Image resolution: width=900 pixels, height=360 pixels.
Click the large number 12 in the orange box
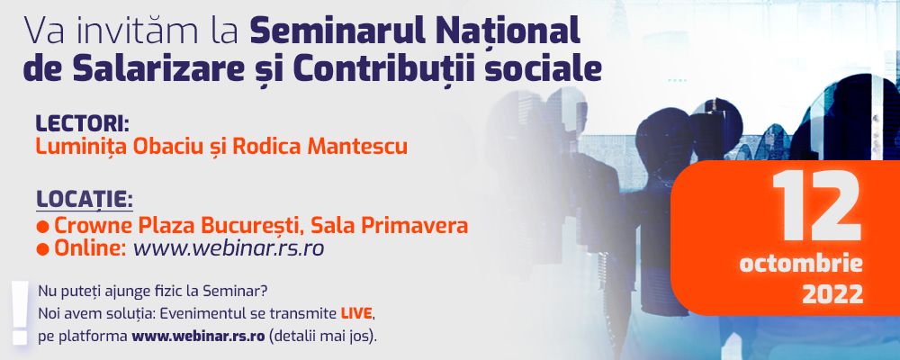pyautogui.click(x=817, y=206)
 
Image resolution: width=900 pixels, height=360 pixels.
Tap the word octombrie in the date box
pyautogui.click(x=801, y=265)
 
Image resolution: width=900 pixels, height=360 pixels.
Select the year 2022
pyautogui.click(x=832, y=294)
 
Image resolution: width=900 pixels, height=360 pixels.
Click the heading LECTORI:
pyautogui.click(x=83, y=123)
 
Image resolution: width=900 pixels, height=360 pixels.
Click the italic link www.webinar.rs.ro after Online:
pyautogui.click(x=229, y=248)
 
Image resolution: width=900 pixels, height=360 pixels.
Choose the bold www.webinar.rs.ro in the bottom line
pyautogui.click(x=199, y=337)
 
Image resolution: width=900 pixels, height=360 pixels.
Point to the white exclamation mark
pyautogui.click(x=21, y=313)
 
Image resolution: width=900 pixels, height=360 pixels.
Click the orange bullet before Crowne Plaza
pyautogui.click(x=42, y=227)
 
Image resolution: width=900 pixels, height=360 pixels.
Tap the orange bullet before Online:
pyautogui.click(x=42, y=250)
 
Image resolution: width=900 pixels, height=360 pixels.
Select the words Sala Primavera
pyautogui.click(x=389, y=226)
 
